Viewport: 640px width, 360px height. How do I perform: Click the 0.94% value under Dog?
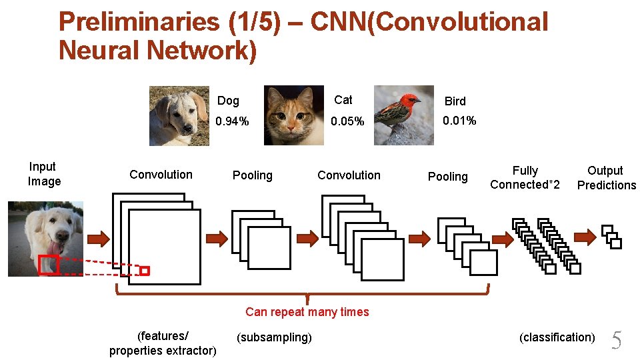pos(231,121)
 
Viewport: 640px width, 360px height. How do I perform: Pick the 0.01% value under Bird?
pos(460,121)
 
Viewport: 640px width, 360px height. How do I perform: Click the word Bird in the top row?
pos(455,101)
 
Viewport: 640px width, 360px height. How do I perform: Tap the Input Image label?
pos(43,174)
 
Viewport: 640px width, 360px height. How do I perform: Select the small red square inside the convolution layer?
pos(145,271)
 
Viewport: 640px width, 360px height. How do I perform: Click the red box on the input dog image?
pos(49,265)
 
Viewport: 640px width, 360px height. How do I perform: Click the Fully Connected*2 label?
pos(525,178)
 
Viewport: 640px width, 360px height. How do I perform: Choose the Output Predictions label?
pos(606,178)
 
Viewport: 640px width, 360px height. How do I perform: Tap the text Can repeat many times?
pos(307,312)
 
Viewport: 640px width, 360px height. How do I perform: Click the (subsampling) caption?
pos(274,337)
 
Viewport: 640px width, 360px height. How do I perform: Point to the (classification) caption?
pos(557,337)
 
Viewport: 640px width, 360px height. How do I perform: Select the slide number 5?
pos(617,341)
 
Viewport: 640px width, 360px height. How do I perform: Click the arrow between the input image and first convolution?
pos(98,238)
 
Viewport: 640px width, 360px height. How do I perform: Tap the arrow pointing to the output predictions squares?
pos(585,235)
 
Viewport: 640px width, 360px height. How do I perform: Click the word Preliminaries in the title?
pos(139,22)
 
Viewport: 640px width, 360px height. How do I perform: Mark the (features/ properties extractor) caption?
pos(163,343)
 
